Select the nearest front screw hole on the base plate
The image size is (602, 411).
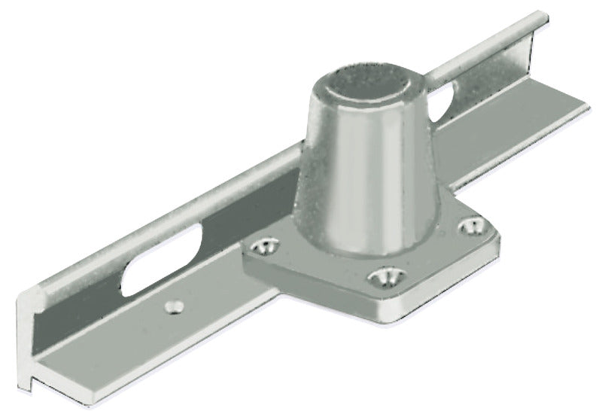click(384, 279)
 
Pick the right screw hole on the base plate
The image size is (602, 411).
click(472, 224)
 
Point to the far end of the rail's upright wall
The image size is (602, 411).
click(539, 17)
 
